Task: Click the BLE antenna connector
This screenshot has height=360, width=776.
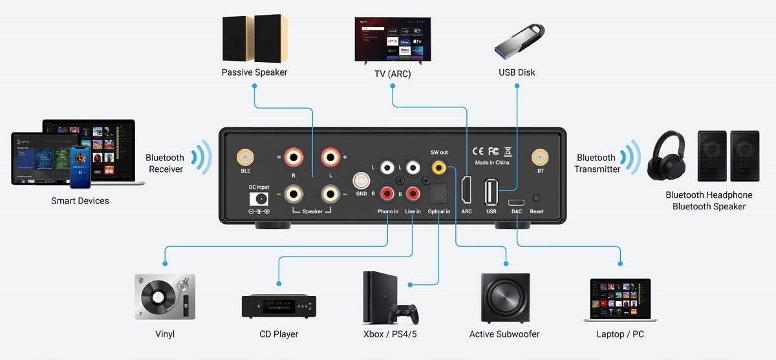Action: click(245, 157)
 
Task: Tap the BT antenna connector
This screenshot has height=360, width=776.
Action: click(540, 157)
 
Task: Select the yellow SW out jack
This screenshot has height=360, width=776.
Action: click(439, 168)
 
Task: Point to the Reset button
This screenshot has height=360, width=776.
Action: click(536, 198)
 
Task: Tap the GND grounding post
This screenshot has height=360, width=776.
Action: click(361, 181)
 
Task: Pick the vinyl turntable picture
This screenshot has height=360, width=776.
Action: click(165, 298)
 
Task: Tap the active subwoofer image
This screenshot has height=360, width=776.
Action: click(506, 298)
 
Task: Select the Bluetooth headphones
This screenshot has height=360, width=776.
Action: click(666, 156)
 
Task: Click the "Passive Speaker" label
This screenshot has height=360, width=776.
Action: click(254, 72)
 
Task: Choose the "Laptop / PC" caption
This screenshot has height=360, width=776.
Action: click(620, 334)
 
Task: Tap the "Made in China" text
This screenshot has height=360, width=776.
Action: click(492, 162)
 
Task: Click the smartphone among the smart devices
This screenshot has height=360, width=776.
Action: click(80, 166)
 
